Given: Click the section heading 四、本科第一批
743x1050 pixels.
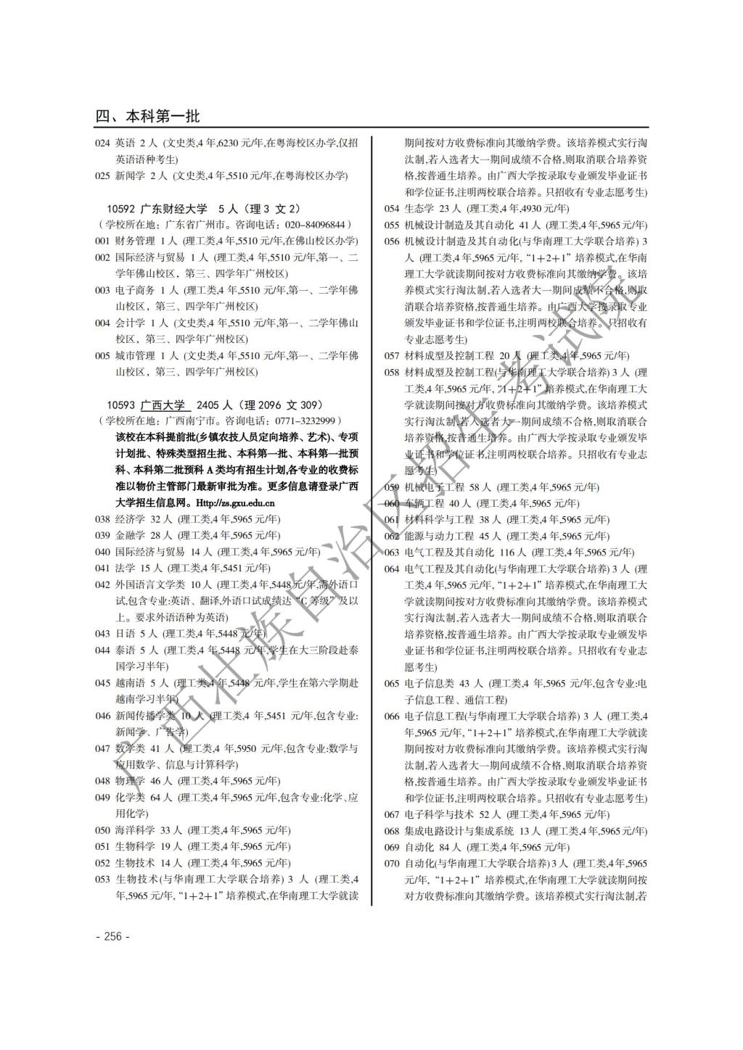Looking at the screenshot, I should [147, 116].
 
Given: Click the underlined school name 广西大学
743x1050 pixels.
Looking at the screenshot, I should [163, 405].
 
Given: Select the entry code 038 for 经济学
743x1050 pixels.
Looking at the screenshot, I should [102, 519].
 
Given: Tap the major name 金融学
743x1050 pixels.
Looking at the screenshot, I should [130, 535].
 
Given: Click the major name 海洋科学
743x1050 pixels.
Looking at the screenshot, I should [135, 830].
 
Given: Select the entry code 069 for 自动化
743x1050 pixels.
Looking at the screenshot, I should [392, 847].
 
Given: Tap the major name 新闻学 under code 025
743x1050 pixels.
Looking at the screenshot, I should [130, 175].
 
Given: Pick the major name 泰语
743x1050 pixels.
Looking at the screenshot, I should [125, 650].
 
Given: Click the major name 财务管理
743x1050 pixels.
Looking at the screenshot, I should [135, 241].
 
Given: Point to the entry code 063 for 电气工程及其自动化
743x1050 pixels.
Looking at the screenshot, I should [392, 553].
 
